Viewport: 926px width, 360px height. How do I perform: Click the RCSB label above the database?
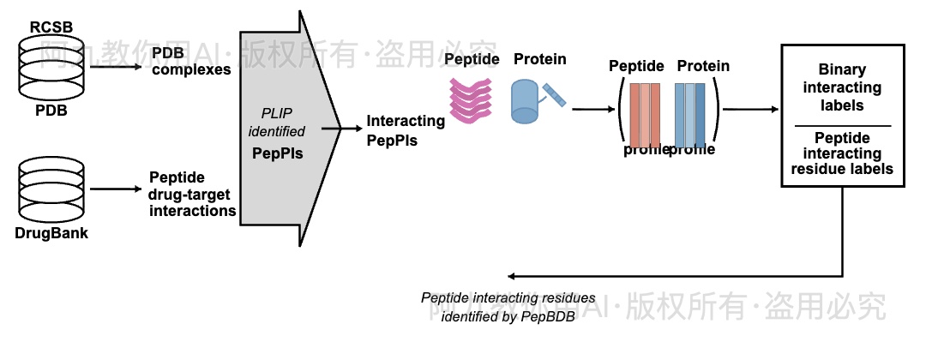pyautogui.click(x=51, y=27)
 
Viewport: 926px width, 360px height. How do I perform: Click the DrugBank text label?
pyautogui.click(x=51, y=233)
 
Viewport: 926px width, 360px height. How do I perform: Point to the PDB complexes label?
pyautogui.click(x=191, y=62)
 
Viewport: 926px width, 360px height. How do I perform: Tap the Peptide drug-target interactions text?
pyautogui.click(x=192, y=194)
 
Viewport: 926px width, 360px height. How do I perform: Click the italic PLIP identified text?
pyautogui.click(x=276, y=123)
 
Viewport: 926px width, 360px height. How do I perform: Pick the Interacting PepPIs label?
pyautogui.click(x=406, y=129)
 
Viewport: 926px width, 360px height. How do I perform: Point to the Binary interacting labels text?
pyautogui.click(x=842, y=87)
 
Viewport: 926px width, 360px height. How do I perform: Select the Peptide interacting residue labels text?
pyautogui.click(x=842, y=153)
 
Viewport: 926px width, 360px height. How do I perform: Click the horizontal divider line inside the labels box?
pyautogui.click(x=842, y=126)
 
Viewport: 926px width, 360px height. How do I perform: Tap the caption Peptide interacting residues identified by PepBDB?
pyautogui.click(x=508, y=307)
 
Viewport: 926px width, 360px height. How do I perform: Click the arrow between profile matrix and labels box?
pyautogui.click(x=749, y=110)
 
